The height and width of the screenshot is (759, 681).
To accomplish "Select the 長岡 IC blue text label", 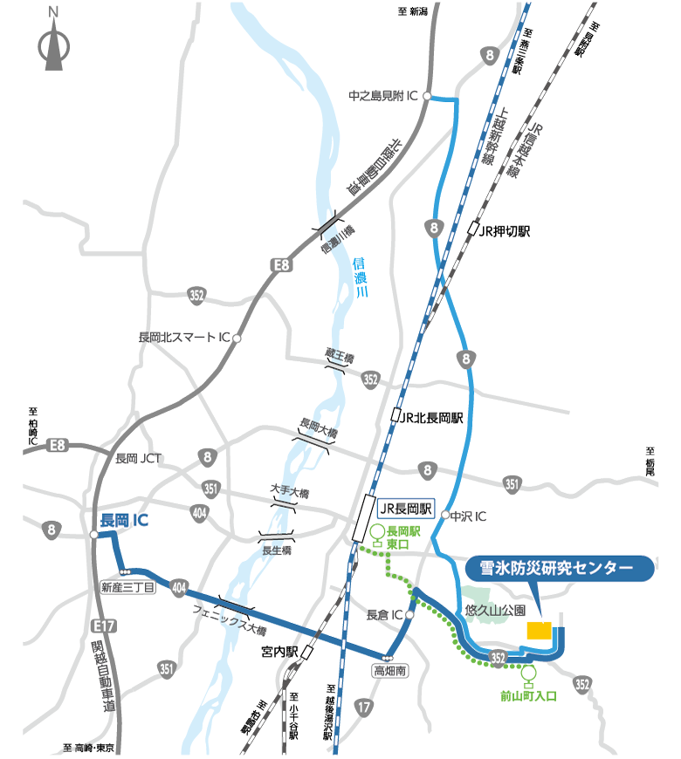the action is click(124, 520).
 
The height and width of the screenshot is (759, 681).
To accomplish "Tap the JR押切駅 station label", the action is click(504, 231).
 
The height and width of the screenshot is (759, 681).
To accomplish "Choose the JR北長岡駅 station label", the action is click(431, 417).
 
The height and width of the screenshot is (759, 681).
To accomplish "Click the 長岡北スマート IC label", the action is click(183, 337).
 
